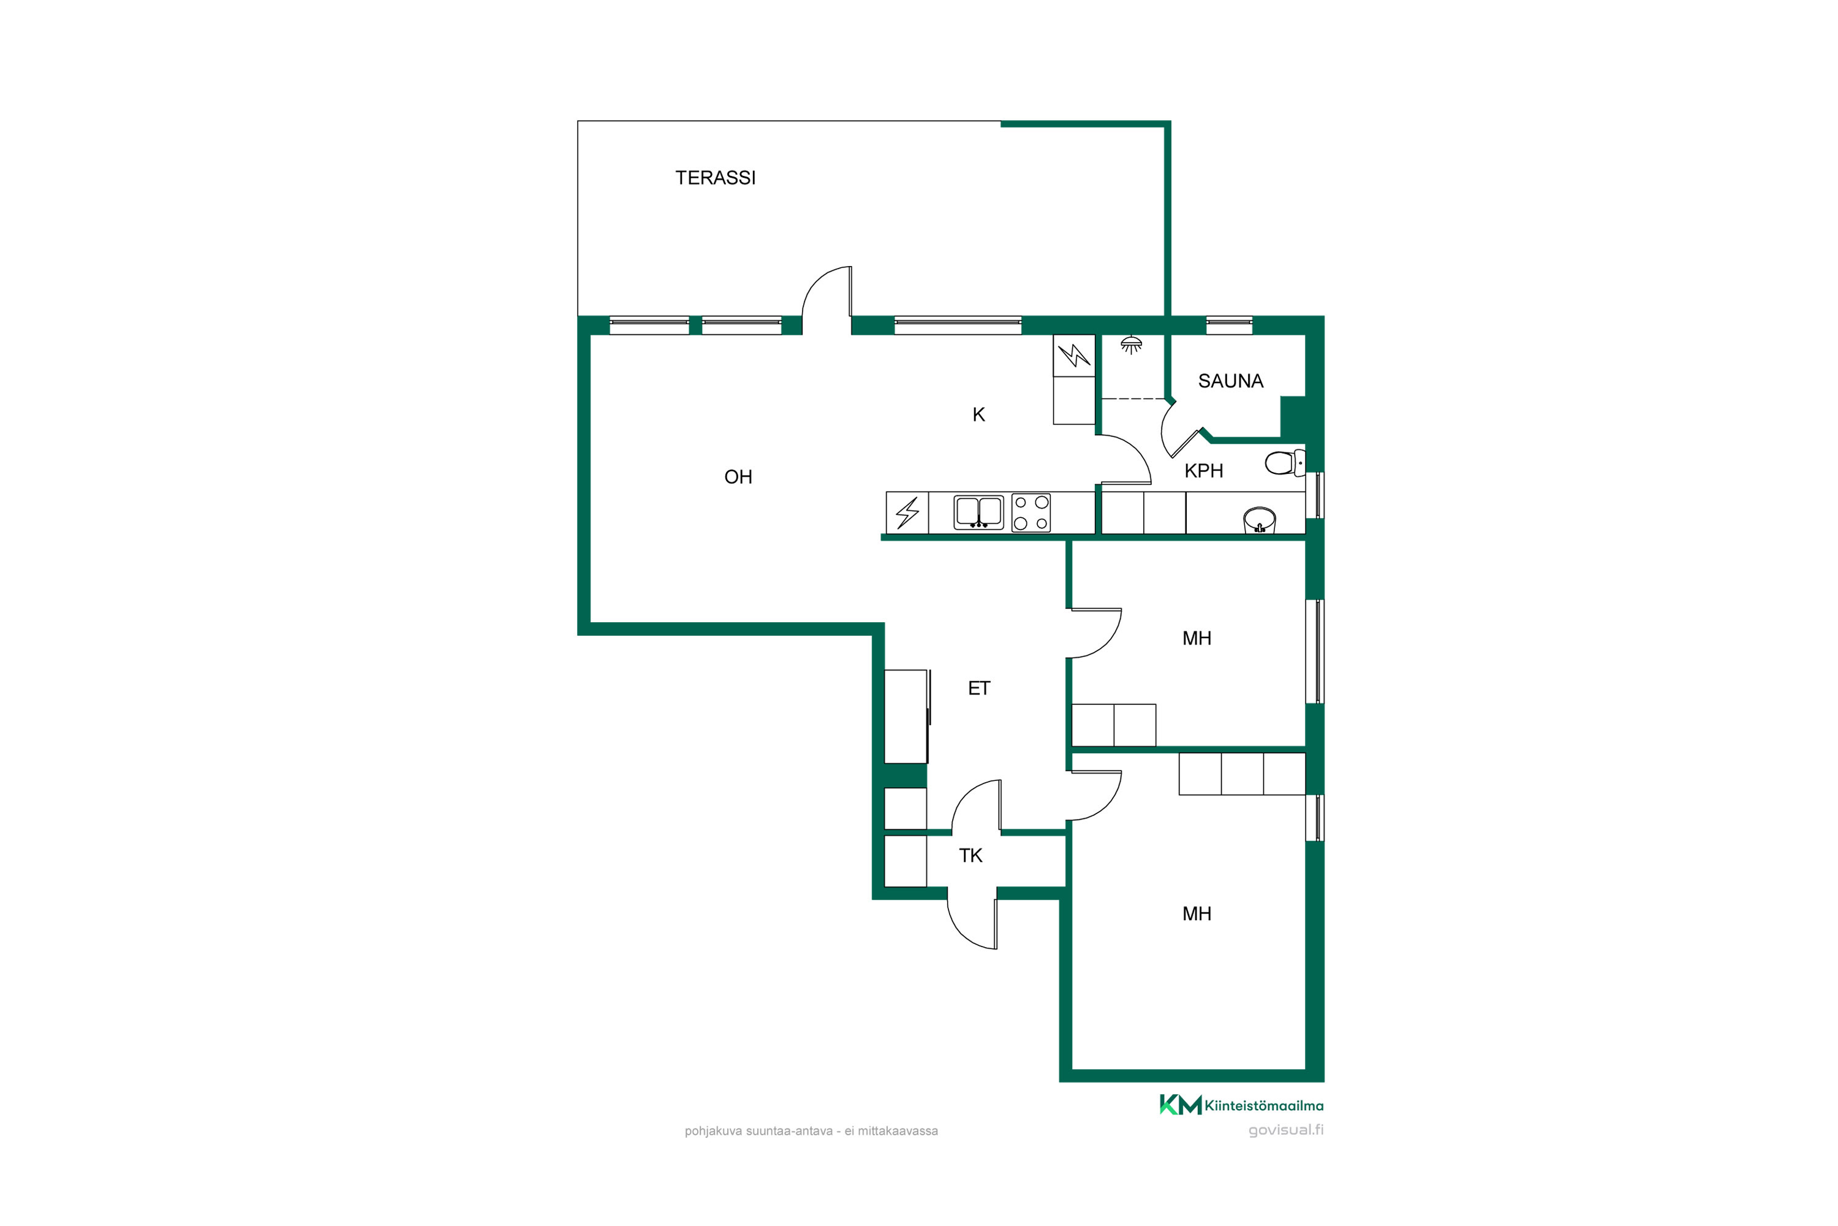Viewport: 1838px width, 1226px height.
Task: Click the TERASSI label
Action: pyautogui.click(x=715, y=178)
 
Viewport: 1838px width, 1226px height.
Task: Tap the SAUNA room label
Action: pyautogui.click(x=1230, y=381)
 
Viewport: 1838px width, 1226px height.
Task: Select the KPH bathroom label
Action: pyautogui.click(x=1203, y=471)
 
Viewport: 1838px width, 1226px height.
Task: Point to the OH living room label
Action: pyautogui.click(x=738, y=477)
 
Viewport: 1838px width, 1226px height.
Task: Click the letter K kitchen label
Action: pyautogui.click(x=978, y=414)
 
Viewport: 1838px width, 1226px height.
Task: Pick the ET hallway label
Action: pyautogui.click(x=978, y=688)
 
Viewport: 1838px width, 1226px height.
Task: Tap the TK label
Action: pyautogui.click(x=970, y=855)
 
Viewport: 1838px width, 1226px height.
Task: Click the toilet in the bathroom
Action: pyautogui.click(x=1284, y=463)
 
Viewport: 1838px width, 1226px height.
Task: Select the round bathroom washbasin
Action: pyautogui.click(x=1259, y=520)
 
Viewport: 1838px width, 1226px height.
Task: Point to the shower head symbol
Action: pyautogui.click(x=1131, y=345)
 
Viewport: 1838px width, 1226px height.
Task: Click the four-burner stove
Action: pyautogui.click(x=1031, y=513)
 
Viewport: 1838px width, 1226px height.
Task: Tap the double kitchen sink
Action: pyautogui.click(x=978, y=512)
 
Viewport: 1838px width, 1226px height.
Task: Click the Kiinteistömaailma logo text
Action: pyautogui.click(x=1263, y=1106)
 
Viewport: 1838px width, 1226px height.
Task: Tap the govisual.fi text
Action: pyautogui.click(x=1285, y=1130)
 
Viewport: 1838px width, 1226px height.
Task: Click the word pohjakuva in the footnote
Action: pyautogui.click(x=714, y=1132)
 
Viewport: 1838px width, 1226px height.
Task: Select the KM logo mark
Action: pyautogui.click(x=1180, y=1105)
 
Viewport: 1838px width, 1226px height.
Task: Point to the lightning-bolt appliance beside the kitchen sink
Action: pyautogui.click(x=907, y=513)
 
